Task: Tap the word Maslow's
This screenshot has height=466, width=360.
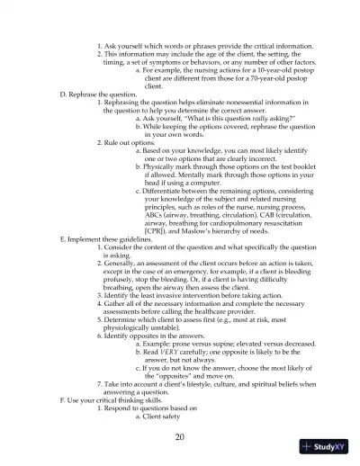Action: tap(210, 231)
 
